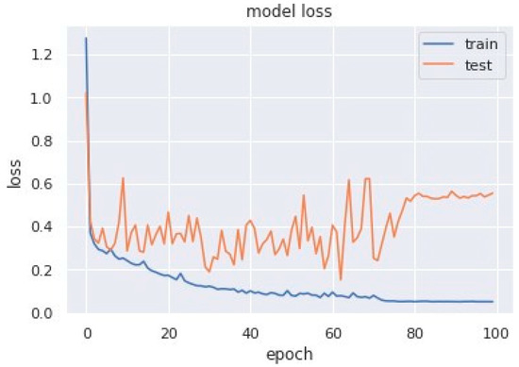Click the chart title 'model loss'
pos(284,11)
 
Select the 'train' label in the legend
pos(479,43)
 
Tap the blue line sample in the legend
pos(438,43)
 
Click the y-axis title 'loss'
pos(13,173)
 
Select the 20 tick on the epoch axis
pos(168,333)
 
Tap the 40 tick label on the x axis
pos(250,333)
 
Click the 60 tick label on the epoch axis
pos(332,333)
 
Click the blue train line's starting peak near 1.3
pos(86,39)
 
